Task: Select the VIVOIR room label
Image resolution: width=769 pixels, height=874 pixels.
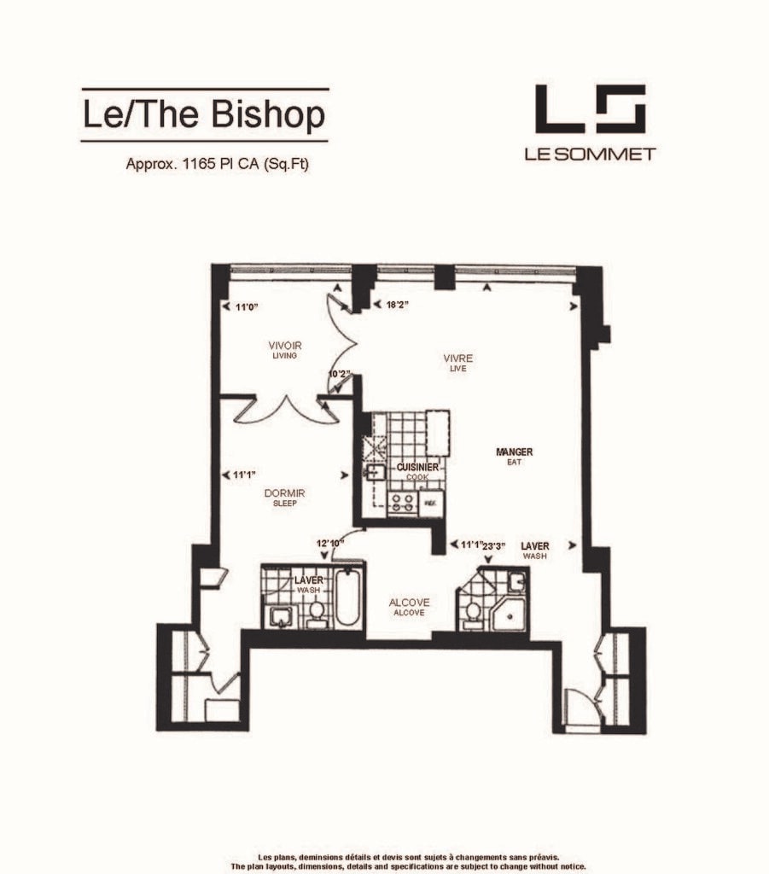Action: [x=285, y=345]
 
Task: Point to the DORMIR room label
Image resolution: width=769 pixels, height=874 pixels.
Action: [x=285, y=492]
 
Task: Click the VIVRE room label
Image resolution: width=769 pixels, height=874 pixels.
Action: [x=458, y=358]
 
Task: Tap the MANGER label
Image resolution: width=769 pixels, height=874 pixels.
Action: [x=515, y=452]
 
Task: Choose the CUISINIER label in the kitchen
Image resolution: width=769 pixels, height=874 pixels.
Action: [x=417, y=467]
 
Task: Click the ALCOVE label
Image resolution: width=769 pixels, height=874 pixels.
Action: [x=409, y=602]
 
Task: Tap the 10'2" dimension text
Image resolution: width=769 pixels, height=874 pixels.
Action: [x=341, y=374]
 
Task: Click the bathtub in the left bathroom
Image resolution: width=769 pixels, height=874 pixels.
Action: [x=347, y=597]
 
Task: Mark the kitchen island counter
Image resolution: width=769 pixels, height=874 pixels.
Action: [x=437, y=434]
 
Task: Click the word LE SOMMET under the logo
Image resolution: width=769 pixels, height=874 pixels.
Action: [x=590, y=154]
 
